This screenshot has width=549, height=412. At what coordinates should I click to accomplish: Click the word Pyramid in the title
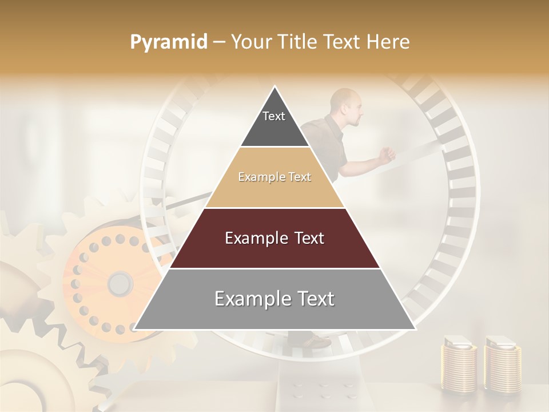click(168, 42)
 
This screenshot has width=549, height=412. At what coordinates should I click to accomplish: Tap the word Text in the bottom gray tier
click(312, 299)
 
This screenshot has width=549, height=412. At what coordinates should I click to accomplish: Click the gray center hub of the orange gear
click(120, 283)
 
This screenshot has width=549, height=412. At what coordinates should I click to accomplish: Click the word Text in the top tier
click(274, 116)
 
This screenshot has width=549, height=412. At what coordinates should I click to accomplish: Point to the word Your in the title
click(249, 42)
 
